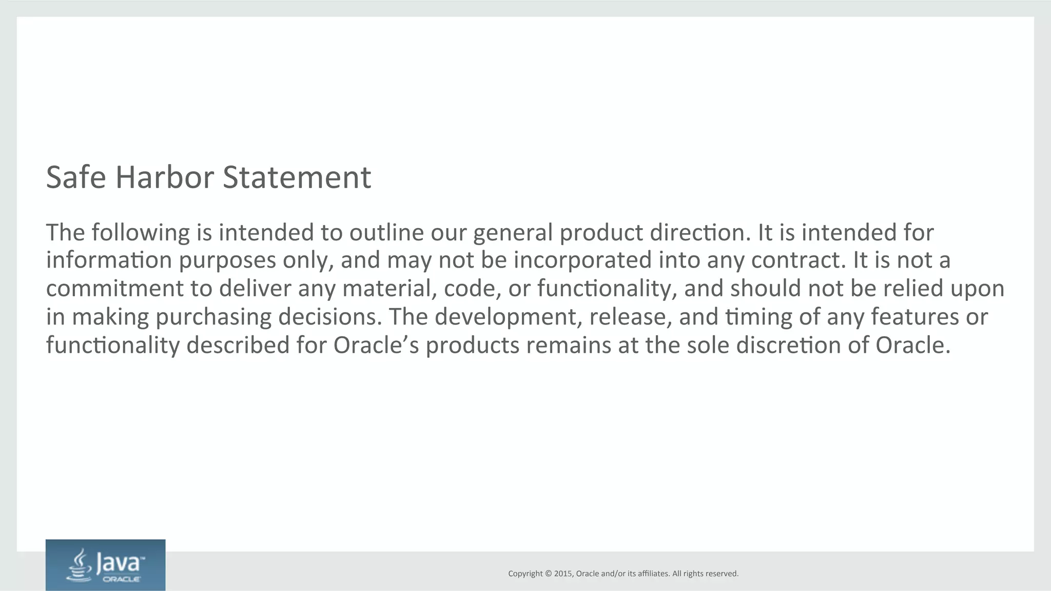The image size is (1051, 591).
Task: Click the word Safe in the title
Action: [76, 177]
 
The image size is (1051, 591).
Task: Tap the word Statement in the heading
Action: [297, 177]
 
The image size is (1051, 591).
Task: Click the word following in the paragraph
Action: [141, 233]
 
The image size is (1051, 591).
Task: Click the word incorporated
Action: [582, 260]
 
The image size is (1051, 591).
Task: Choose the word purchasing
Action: [213, 317]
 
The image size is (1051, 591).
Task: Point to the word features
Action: [914, 317]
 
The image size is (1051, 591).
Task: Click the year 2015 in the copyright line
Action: [563, 574]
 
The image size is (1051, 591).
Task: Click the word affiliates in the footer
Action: [653, 574]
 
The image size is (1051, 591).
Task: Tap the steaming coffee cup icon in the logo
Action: [79, 566]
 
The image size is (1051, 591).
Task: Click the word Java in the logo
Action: [118, 563]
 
